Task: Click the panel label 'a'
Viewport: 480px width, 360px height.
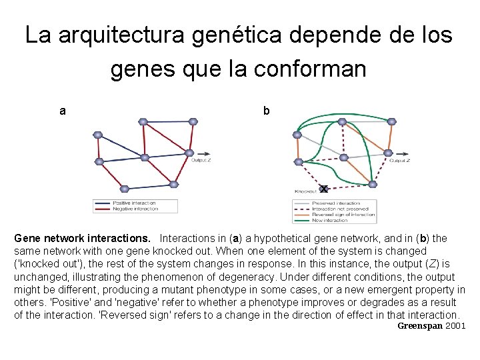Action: (x=63, y=111)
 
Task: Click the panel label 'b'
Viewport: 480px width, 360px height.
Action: (x=266, y=111)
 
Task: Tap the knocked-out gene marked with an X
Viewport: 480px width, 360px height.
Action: (x=324, y=189)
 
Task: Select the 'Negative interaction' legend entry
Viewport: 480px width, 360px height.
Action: (x=135, y=209)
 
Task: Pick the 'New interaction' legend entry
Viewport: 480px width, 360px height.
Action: (x=337, y=219)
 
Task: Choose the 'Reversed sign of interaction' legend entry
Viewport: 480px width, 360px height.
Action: (x=343, y=214)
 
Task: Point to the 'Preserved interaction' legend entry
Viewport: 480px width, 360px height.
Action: (x=336, y=203)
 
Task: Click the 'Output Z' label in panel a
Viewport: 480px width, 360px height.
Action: (x=201, y=160)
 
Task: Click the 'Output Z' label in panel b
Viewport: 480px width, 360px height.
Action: (x=399, y=160)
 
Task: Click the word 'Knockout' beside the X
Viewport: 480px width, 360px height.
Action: (x=305, y=191)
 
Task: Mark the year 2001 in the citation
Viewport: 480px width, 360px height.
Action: (x=455, y=326)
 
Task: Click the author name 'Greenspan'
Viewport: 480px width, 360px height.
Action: (x=420, y=326)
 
